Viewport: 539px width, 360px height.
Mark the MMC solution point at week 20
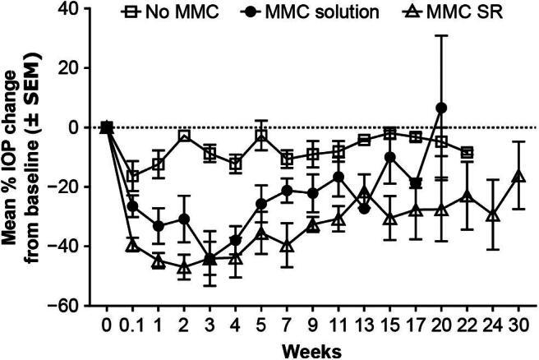440,108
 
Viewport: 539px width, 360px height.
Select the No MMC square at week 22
467,152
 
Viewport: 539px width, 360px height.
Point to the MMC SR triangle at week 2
185,267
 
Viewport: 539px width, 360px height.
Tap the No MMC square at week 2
185,136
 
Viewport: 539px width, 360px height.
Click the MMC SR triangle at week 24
492,215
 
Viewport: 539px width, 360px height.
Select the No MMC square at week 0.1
133,175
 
